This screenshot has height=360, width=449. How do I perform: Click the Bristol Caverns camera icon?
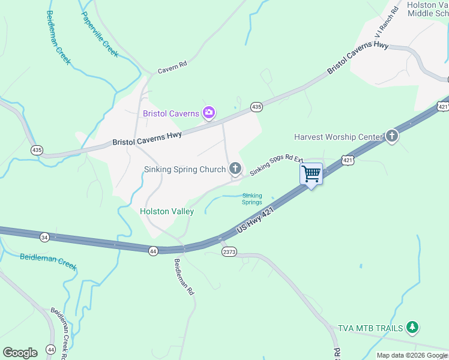tap(209, 112)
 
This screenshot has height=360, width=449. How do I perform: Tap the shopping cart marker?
tap(312, 174)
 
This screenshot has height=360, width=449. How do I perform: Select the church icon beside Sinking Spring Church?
tap(235, 169)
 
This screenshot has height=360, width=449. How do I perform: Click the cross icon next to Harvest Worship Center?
tap(392, 136)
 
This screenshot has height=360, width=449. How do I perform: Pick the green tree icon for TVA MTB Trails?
tap(412, 327)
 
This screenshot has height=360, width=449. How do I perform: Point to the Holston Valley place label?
tap(167, 211)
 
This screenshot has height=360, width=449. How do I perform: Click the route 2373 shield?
tap(229, 251)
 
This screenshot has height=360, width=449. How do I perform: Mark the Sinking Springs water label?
tap(252, 199)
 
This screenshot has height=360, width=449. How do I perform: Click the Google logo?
tap(20, 353)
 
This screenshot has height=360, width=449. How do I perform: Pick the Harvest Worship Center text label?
tap(338, 137)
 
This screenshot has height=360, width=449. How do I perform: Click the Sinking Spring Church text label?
tap(185, 170)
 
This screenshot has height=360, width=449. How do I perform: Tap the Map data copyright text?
tap(412, 355)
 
